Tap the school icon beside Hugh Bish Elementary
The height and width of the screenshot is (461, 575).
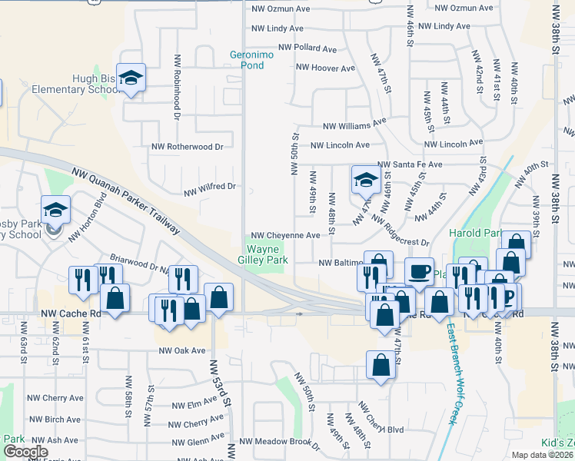point(131,78)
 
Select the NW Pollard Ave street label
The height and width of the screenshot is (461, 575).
point(307,48)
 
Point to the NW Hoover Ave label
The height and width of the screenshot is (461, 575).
point(326,68)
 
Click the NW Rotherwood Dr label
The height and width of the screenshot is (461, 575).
point(187,146)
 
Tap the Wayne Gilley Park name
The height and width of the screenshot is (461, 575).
point(267,254)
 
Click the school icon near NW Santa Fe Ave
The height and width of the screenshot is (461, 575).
point(366,181)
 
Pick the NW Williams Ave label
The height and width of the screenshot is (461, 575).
point(354,123)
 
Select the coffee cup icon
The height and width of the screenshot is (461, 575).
point(420,272)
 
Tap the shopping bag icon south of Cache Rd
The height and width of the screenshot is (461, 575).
point(381,365)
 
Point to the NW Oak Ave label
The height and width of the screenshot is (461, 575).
point(182,350)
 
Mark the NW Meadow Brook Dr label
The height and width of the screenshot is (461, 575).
point(279,442)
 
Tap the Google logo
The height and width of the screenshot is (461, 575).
point(25,452)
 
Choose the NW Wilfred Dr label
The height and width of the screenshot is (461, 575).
point(209,187)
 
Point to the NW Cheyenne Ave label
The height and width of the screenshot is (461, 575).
point(285,236)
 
